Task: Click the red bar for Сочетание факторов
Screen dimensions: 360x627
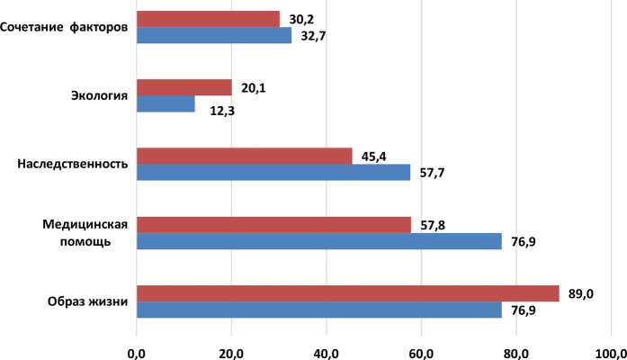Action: pyautogui.click(x=208, y=19)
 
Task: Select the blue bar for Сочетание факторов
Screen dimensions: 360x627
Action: pyautogui.click(x=214, y=36)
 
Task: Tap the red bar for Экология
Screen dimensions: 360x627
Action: pyautogui.click(x=184, y=87)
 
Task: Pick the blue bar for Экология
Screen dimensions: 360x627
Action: pyautogui.click(x=166, y=104)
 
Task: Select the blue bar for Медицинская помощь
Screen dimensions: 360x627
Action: pyautogui.click(x=318, y=241)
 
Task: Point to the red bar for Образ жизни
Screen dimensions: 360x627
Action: pyautogui.click(x=347, y=293)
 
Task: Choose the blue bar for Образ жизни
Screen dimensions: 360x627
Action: pyautogui.click(x=318, y=310)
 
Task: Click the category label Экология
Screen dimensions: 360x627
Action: pyautogui.click(x=99, y=95)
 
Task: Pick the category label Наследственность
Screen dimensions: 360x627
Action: pyautogui.click(x=73, y=164)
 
